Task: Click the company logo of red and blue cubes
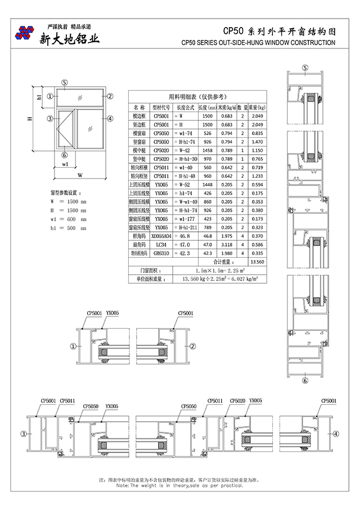[25, 33]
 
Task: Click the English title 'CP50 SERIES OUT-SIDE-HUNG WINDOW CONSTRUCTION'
[259, 43]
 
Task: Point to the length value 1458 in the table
[207, 150]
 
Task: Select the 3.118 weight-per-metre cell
[227, 245]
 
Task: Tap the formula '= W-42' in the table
[183, 150]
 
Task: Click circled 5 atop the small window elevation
[65, 82]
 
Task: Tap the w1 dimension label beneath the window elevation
[65, 165]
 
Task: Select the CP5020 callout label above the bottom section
[238, 401]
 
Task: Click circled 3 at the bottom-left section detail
[23, 434]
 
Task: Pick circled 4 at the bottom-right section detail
[336, 434]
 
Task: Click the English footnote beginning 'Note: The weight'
[180, 485]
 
